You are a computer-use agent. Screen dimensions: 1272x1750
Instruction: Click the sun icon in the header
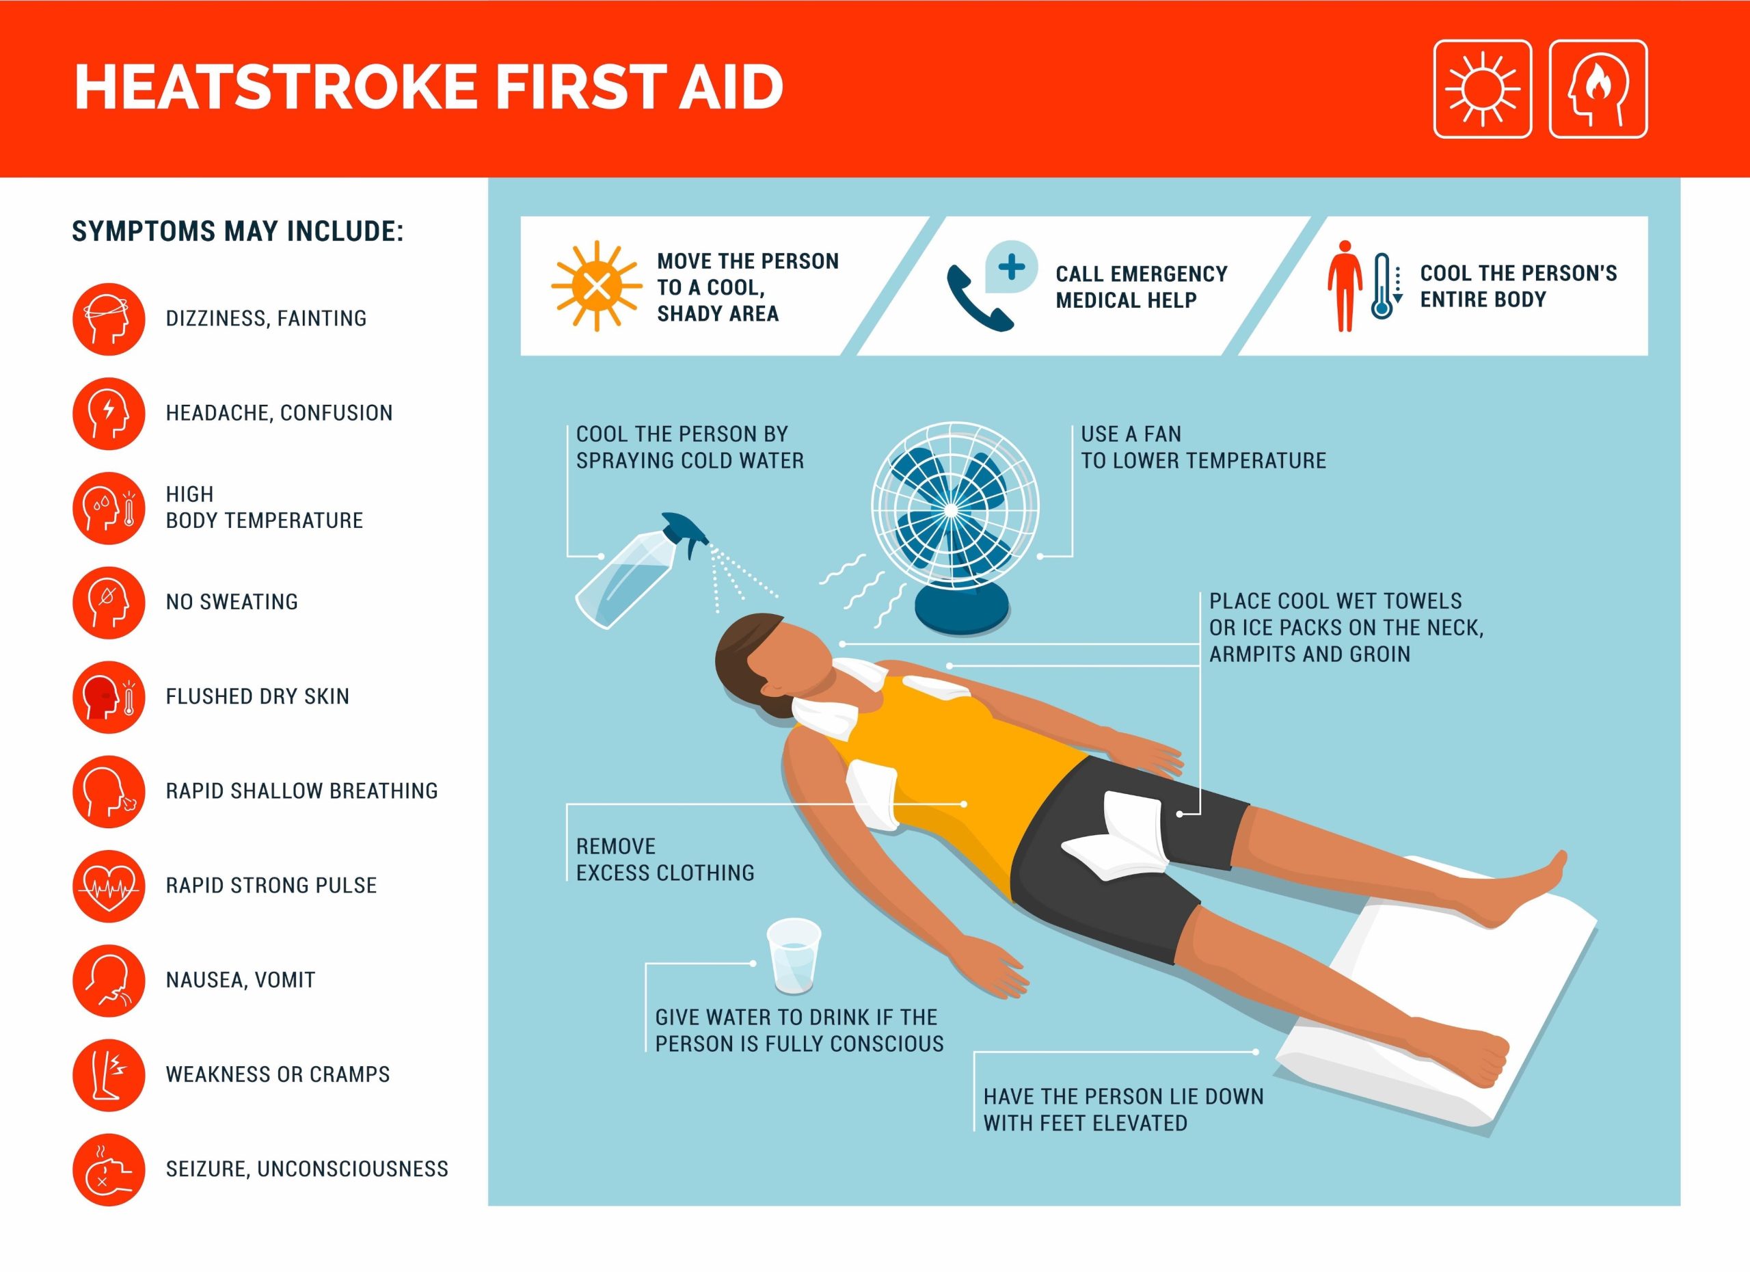[1482, 90]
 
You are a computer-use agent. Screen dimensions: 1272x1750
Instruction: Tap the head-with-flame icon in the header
[1598, 90]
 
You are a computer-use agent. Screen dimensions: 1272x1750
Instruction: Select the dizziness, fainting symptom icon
[109, 318]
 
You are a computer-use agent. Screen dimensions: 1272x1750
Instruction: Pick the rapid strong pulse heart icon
[109, 886]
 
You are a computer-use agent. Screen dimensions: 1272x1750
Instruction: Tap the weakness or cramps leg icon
[109, 1074]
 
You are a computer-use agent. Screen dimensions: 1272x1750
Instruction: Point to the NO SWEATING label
[232, 602]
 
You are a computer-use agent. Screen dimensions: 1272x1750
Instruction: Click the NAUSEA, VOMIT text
[240, 980]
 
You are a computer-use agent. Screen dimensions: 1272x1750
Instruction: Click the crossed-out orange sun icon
[595, 287]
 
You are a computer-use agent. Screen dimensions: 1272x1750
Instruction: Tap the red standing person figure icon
[1345, 286]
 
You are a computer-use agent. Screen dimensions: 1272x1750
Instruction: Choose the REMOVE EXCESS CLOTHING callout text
[664, 859]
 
